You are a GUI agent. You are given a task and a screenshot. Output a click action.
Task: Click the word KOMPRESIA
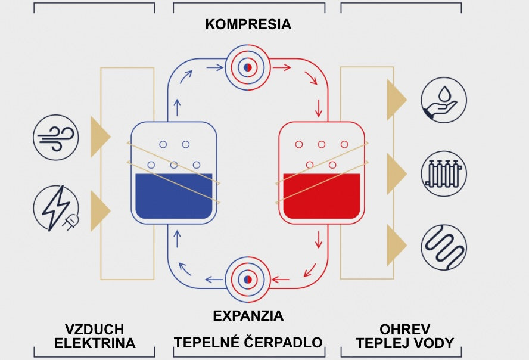[248, 24]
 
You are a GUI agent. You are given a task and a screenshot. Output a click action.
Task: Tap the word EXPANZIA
[248, 315]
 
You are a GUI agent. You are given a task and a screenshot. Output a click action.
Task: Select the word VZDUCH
[94, 330]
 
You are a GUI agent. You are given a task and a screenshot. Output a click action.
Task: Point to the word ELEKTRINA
[95, 343]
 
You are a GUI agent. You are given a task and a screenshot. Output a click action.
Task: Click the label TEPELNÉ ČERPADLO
[248, 343]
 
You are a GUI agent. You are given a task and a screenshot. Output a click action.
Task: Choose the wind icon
[55, 137]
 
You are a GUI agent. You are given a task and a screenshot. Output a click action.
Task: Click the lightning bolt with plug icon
[55, 209]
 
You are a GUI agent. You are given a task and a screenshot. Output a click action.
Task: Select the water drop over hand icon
[444, 100]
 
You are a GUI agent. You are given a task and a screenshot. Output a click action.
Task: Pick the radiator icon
[444, 173]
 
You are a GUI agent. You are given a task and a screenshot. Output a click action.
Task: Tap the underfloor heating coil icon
[444, 247]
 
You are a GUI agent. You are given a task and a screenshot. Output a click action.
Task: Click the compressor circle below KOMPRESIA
[248, 67]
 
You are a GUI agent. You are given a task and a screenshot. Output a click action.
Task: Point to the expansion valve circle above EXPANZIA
[248, 279]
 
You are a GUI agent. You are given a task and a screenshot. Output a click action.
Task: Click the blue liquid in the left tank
[173, 195]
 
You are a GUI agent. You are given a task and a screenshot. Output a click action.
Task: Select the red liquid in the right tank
[322, 195]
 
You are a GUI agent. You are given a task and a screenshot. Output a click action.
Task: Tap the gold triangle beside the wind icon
[99, 137]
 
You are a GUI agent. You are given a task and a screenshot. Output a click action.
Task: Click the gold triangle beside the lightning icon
[99, 211]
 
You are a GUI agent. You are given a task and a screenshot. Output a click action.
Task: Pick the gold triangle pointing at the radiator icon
[395, 173]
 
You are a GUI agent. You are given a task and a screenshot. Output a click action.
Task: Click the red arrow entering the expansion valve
[281, 279]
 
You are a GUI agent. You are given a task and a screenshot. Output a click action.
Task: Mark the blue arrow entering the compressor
[215, 67]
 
